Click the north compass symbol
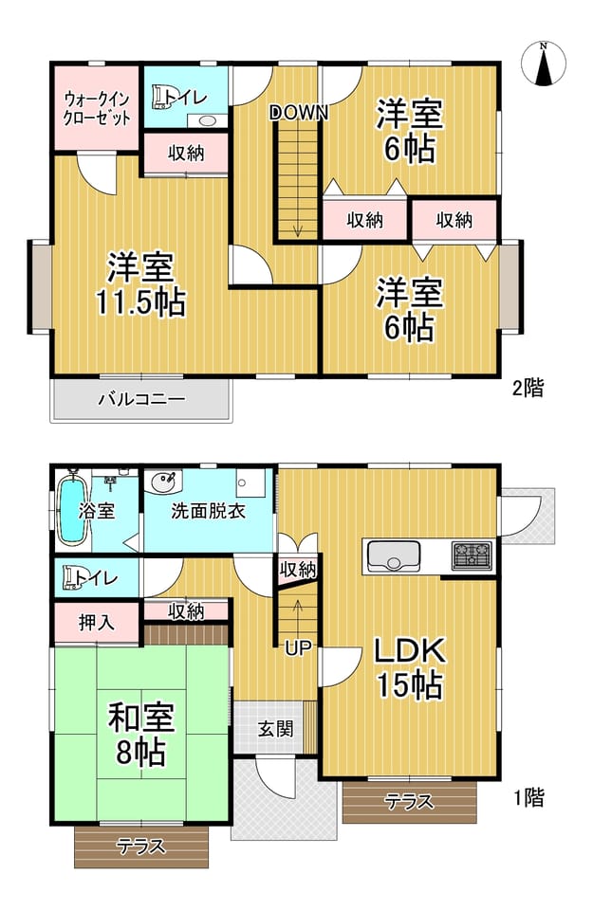[x=543, y=64]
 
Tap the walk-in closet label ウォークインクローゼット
[x=97, y=108]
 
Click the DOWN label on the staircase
[x=299, y=112]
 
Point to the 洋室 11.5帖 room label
[x=140, y=285]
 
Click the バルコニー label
[x=141, y=399]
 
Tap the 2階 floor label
[x=528, y=388]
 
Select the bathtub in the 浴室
[x=73, y=508]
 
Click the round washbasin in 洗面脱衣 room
[x=164, y=482]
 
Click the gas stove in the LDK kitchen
[x=473, y=555]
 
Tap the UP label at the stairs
[x=299, y=647]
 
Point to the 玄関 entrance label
[x=276, y=729]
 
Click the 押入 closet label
[x=97, y=623]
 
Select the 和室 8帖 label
[x=141, y=734]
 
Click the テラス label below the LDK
[x=409, y=802]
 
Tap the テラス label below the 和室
[x=141, y=846]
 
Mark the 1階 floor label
[x=528, y=798]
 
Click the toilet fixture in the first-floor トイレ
[x=73, y=578]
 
